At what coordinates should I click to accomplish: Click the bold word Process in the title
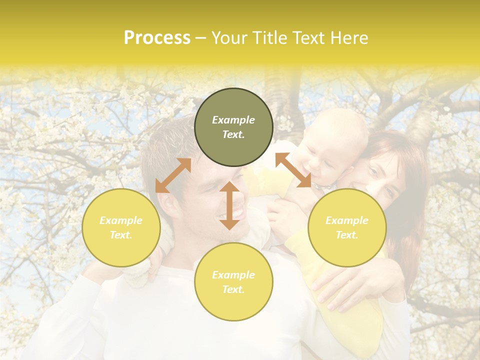coord(157,38)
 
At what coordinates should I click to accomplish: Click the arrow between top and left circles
coord(173,175)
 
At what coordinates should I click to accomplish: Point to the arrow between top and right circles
coord(293,170)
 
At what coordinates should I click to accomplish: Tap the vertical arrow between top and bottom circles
coord(229,205)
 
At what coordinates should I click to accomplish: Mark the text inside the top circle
coord(233,127)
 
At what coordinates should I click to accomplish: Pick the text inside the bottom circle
coord(233,282)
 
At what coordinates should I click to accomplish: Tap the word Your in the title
coord(230,38)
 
